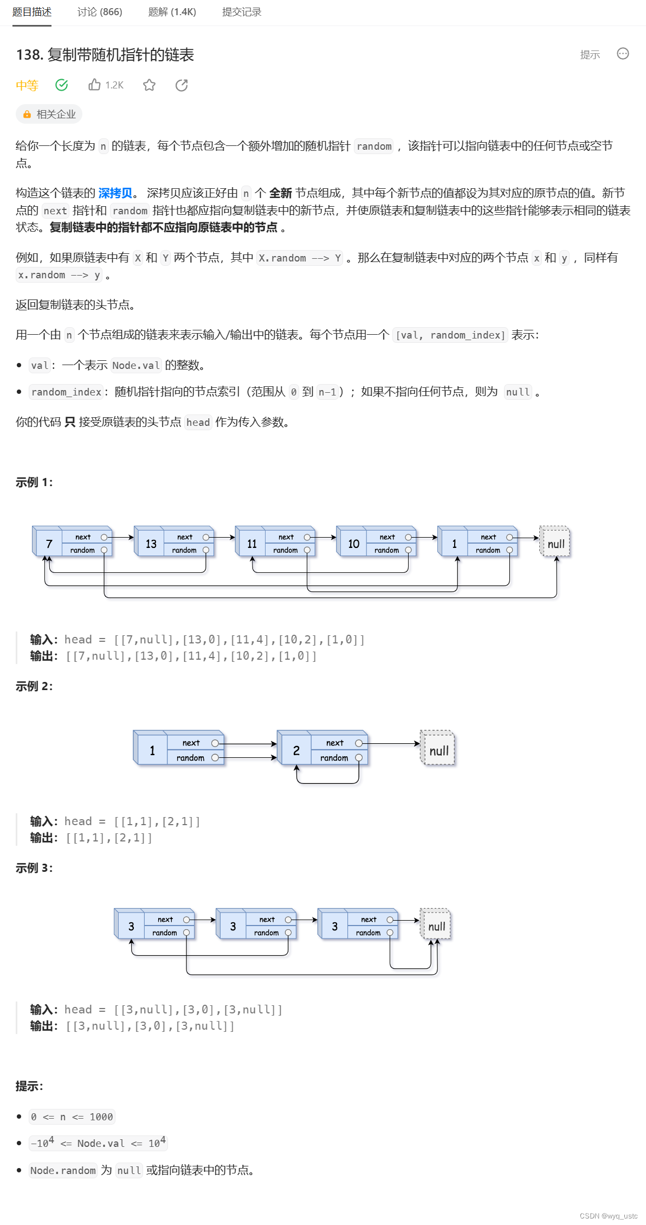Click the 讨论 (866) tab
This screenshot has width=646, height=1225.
pos(100,12)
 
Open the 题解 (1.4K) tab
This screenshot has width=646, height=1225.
pos(172,12)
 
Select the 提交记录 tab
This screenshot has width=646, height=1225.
pos(242,12)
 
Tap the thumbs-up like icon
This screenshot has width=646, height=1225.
pos(95,85)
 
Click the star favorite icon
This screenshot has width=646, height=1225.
pos(150,85)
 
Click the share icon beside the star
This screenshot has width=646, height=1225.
pos(182,85)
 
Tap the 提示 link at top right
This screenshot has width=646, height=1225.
pos(590,55)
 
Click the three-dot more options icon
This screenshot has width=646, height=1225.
pos(623,54)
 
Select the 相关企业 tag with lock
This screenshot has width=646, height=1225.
pos(49,114)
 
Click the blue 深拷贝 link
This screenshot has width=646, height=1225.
pos(115,193)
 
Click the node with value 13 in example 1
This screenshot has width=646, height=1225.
pos(151,544)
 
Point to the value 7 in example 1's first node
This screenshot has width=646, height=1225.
pos(49,544)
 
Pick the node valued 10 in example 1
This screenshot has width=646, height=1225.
pos(353,544)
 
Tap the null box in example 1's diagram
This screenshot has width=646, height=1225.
pos(555,544)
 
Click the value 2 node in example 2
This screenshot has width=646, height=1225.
pos(296,750)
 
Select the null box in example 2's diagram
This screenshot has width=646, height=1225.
pos(438,750)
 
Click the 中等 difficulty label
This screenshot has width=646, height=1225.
pos(27,85)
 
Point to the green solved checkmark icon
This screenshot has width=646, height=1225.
pos(62,85)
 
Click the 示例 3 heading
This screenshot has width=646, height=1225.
pos(34,868)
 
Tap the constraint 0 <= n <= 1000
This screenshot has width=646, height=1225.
pos(72,1116)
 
